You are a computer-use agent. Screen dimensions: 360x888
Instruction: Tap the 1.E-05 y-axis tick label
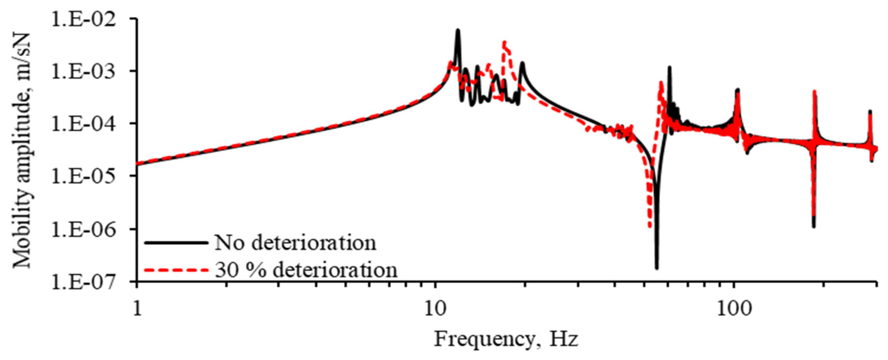(83, 176)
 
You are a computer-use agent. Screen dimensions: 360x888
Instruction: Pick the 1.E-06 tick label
(83, 229)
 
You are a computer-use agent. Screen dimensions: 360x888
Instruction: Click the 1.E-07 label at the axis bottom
(83, 281)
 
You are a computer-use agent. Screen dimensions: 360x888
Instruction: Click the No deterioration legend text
(295, 243)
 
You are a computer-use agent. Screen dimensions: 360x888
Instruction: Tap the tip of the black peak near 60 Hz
(669, 68)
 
